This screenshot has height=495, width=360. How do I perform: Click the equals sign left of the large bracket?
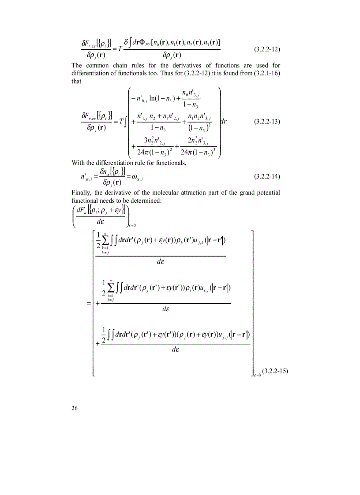[89, 303]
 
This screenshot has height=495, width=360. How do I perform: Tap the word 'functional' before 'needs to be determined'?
[86, 201]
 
